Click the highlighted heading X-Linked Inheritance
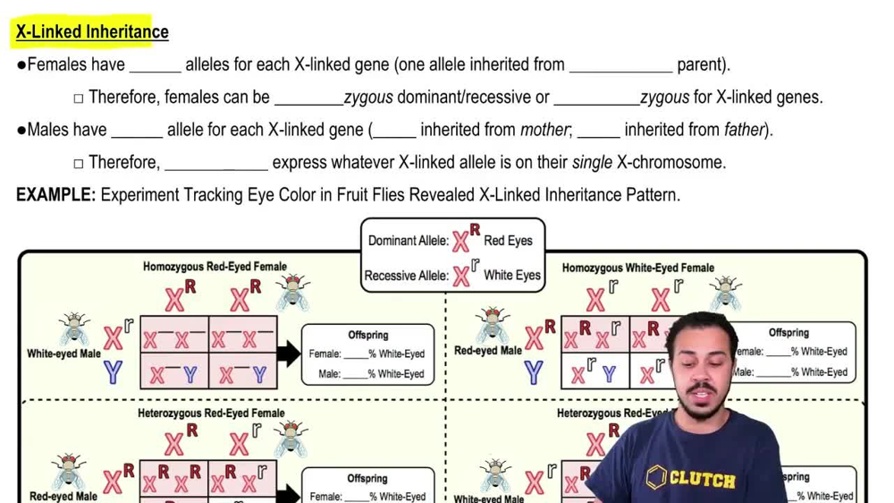pyautogui.click(x=92, y=32)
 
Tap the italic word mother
pyautogui.click(x=544, y=130)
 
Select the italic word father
pyautogui.click(x=744, y=130)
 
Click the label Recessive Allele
pyautogui.click(x=408, y=275)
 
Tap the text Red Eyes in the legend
pyautogui.click(x=508, y=240)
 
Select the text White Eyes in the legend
pyautogui.click(x=511, y=275)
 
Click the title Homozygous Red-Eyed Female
pyautogui.click(x=215, y=267)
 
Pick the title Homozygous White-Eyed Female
pyautogui.click(x=637, y=267)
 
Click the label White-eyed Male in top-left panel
pyautogui.click(x=63, y=354)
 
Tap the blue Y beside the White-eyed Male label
pyautogui.click(x=113, y=371)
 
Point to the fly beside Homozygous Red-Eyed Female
pyautogui.click(x=292, y=292)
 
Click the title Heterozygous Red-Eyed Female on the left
pyautogui.click(x=211, y=413)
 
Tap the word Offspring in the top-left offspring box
pyautogui.click(x=367, y=335)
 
